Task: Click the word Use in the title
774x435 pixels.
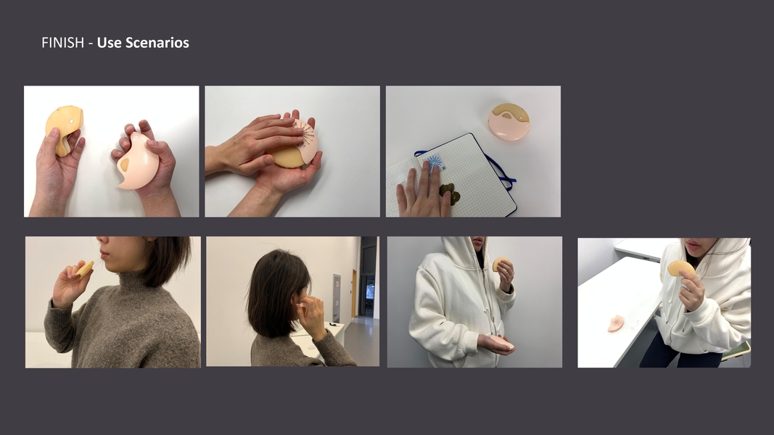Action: click(x=109, y=43)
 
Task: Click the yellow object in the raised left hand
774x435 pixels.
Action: click(x=64, y=128)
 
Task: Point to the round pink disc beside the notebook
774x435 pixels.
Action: click(x=509, y=122)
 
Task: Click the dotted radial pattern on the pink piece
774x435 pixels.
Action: click(x=305, y=133)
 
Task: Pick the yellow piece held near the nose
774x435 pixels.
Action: click(x=85, y=269)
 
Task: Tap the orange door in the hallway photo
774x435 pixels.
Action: click(x=354, y=294)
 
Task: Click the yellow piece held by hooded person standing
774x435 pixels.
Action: click(x=500, y=263)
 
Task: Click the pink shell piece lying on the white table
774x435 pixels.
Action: click(x=616, y=323)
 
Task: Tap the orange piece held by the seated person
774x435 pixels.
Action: click(x=680, y=268)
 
